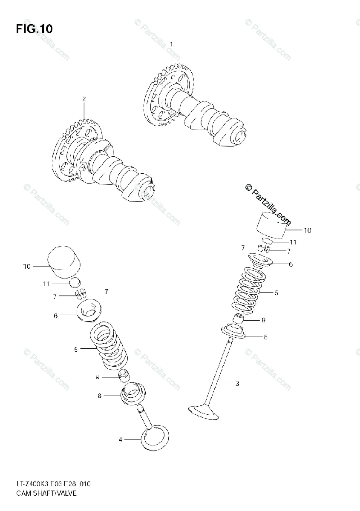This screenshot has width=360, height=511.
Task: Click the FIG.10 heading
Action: [34, 29]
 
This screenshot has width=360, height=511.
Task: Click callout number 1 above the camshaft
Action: [172, 44]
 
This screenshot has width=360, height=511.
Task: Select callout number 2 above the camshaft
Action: [84, 99]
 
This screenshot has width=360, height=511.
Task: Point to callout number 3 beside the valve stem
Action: [237, 383]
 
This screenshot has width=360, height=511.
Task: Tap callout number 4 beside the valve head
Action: [120, 439]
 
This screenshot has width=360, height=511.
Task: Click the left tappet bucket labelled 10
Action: [64, 261]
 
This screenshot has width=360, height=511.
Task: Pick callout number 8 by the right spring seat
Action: [265, 337]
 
